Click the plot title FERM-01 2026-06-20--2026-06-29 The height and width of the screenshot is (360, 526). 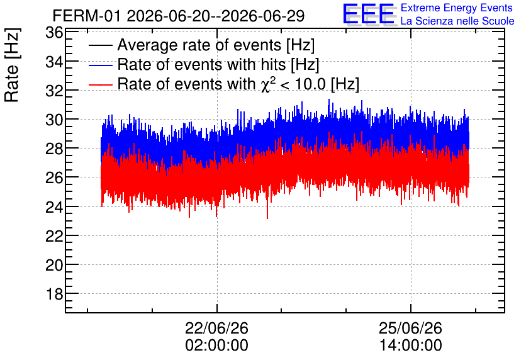[x=179, y=16]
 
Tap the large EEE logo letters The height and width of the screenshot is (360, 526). [x=369, y=14]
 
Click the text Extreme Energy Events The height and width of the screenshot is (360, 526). [x=457, y=8]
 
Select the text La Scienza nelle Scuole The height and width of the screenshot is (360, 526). [x=457, y=21]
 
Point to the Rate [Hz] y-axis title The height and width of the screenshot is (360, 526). [x=12, y=65]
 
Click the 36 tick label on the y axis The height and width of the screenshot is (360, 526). [x=54, y=33]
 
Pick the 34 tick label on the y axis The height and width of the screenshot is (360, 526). [x=54, y=62]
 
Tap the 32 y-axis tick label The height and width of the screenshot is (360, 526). [x=54, y=91]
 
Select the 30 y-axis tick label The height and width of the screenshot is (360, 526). [x=54, y=120]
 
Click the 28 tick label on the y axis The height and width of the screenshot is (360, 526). [x=54, y=149]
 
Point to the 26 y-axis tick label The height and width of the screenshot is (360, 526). [x=54, y=177]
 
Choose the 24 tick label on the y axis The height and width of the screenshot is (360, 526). [x=54, y=207]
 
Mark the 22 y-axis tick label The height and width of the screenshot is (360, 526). [x=54, y=236]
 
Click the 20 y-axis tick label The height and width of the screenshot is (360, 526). [x=54, y=265]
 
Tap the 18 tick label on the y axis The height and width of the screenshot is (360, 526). [x=54, y=295]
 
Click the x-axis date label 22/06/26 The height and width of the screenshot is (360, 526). [x=216, y=328]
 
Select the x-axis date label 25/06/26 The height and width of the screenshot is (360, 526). [x=411, y=328]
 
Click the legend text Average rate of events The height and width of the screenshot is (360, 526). [x=199, y=45]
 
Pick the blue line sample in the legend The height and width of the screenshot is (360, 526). [x=100, y=65]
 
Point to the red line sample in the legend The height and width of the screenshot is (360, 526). [x=100, y=84]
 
